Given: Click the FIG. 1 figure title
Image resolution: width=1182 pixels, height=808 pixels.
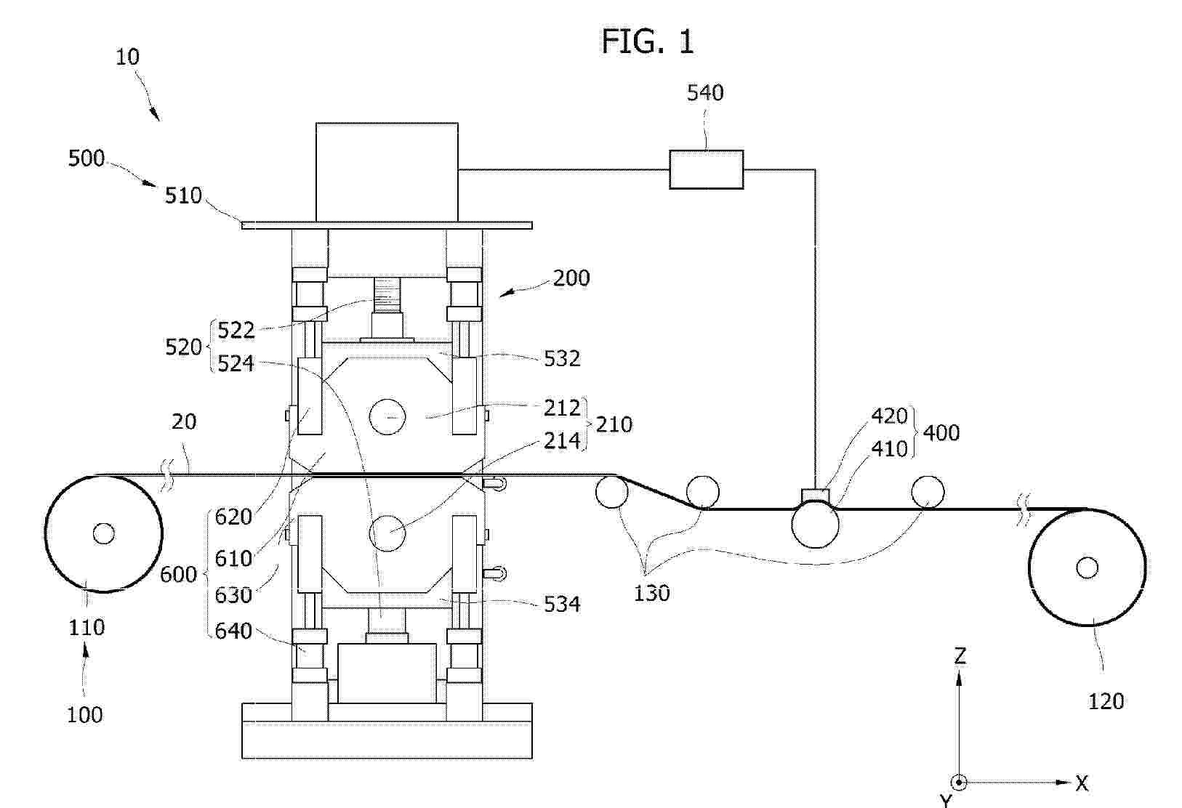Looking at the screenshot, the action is tap(648, 41).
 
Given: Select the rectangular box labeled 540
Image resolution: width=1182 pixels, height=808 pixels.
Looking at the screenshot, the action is tap(706, 169).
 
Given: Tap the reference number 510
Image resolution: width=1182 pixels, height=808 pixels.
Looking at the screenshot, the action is tap(183, 195).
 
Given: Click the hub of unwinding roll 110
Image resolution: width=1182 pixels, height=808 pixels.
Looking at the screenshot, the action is tap(103, 533).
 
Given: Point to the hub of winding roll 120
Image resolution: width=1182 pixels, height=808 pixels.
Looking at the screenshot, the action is tap(1087, 567).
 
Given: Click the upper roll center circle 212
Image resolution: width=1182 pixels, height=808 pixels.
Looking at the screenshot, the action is tap(387, 416).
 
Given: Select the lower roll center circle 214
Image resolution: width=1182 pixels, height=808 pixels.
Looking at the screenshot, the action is tap(387, 533).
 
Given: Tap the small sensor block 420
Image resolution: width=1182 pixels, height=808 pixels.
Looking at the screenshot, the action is tap(816, 496).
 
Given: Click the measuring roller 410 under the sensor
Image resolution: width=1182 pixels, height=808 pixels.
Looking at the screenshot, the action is tap(815, 524).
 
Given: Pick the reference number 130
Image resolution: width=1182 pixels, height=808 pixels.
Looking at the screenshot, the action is tap(651, 594).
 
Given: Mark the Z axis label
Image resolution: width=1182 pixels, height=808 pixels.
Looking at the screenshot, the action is tap(960, 655).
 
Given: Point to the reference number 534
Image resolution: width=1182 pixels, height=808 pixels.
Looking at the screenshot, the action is tap(562, 605).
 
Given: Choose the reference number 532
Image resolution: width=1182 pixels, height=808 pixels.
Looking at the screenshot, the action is tap(562, 359).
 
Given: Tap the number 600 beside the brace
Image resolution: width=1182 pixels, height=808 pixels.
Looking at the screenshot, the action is tap(178, 574).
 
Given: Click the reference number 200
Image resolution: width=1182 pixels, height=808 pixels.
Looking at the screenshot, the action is tap(571, 278).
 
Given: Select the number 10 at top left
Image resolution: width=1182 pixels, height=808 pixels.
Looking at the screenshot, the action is tap(128, 57).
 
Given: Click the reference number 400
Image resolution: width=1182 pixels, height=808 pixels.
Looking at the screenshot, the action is tap(941, 433).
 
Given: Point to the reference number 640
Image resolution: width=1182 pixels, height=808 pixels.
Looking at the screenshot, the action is tap(233, 631).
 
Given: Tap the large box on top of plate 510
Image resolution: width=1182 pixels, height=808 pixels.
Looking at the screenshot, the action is tap(387, 172).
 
